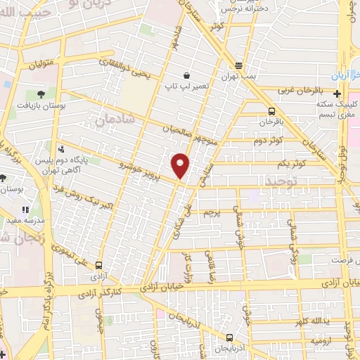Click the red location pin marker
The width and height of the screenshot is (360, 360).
pos(181,164)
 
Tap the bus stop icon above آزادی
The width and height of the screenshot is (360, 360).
pos(98,265)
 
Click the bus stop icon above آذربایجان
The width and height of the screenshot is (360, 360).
pos(230,337)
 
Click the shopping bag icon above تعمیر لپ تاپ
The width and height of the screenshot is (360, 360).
pos(186,75)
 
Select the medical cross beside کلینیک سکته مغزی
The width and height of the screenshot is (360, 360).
pos(337,94)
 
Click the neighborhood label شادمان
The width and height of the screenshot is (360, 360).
pos(109,121)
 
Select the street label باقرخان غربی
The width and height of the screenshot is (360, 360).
pos(298,89)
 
